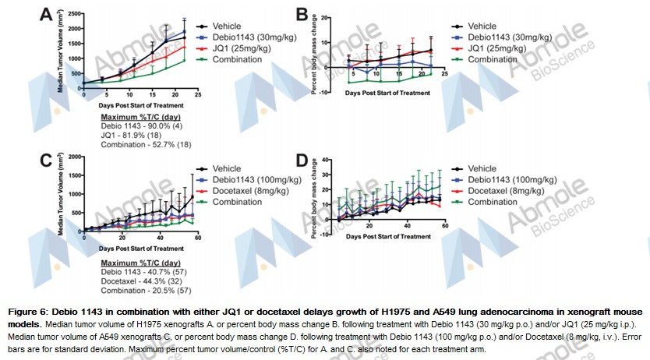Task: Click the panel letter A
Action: [x=48, y=14]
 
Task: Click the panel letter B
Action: [x=301, y=14]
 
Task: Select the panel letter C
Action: [x=48, y=161]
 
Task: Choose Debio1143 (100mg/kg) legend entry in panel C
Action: [x=253, y=179]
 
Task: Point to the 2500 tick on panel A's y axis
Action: [x=74, y=14]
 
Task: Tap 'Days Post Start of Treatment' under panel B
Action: [x=387, y=93]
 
